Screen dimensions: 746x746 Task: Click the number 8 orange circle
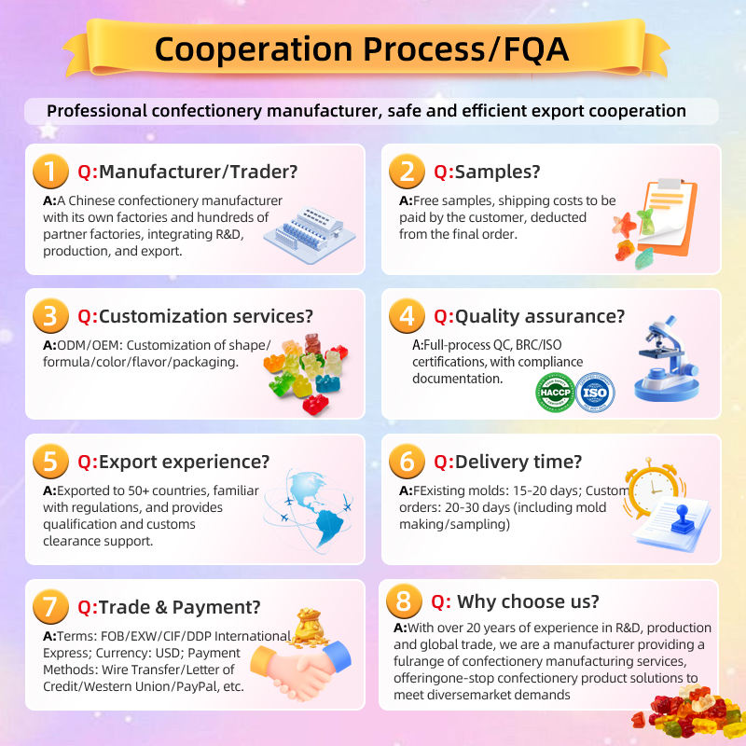click(x=404, y=601)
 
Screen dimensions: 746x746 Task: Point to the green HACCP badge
click(x=556, y=392)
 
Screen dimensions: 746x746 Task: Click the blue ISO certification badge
click(x=594, y=392)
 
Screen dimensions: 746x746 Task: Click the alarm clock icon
click(x=651, y=489)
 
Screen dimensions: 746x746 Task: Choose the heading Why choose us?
click(x=528, y=601)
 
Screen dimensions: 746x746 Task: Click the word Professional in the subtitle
click(x=102, y=111)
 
